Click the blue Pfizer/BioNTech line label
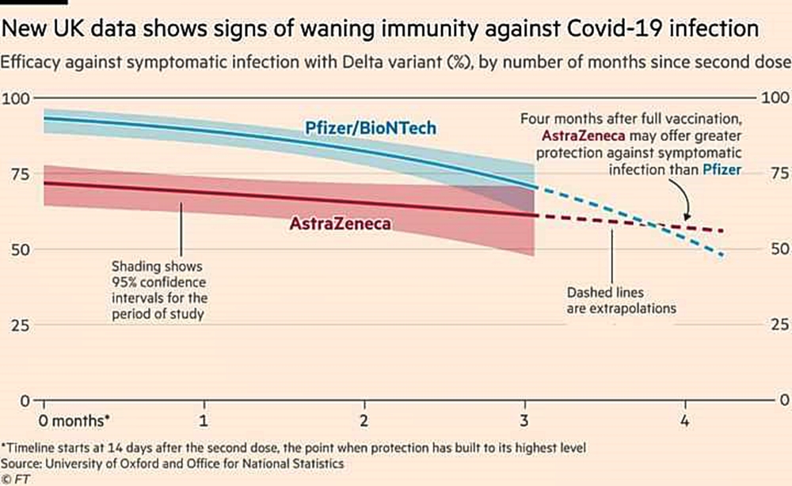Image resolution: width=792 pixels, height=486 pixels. coord(371,127)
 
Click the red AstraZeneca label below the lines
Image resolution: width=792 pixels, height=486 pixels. coord(341,225)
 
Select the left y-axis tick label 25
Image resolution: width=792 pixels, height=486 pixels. coord(17,325)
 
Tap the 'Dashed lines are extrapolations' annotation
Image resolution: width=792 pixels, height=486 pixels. coord(621,300)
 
